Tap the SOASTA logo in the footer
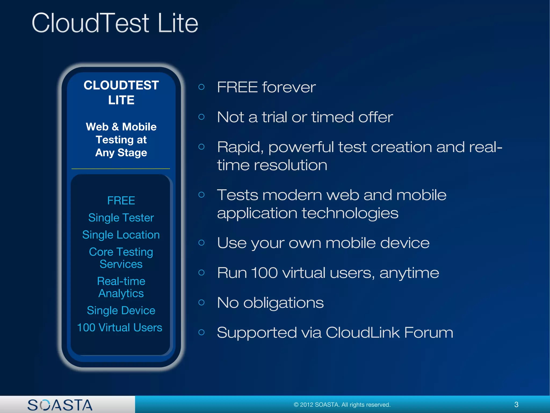[60, 405]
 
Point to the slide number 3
[516, 404]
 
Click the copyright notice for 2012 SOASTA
[342, 405]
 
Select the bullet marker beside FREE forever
[201, 87]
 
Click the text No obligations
[270, 302]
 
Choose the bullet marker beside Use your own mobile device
[201, 243]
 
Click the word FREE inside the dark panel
[121, 201]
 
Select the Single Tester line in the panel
[121, 218]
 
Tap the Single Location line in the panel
[121, 235]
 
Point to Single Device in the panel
[121, 311]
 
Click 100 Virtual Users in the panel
[120, 327]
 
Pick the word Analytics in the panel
[121, 293]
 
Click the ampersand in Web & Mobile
[115, 127]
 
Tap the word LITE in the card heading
[121, 100]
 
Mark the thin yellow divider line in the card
[121, 169]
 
